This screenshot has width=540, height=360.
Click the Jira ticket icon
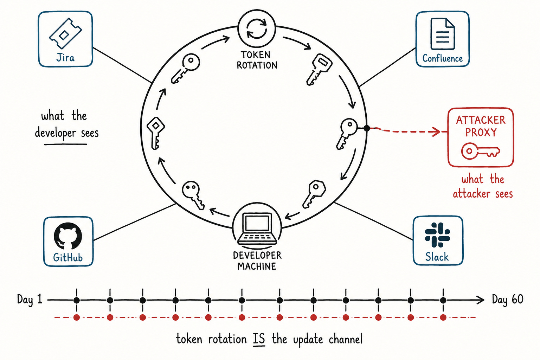[65, 33]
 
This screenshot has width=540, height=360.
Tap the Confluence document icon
[443, 34]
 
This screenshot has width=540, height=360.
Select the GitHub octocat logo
[68, 236]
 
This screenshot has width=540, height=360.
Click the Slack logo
[437, 235]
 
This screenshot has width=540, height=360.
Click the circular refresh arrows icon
[257, 30]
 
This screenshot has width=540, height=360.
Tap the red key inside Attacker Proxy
[481, 151]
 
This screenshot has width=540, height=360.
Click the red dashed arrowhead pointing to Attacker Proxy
[436, 131]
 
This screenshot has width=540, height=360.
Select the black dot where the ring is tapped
[367, 128]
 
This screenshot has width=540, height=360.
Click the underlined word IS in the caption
[259, 339]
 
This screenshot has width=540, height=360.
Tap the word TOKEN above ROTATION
[256, 55]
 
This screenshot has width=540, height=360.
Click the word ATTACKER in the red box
[481, 120]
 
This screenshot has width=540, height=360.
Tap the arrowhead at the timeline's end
[481, 300]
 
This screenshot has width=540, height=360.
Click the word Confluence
[443, 59]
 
